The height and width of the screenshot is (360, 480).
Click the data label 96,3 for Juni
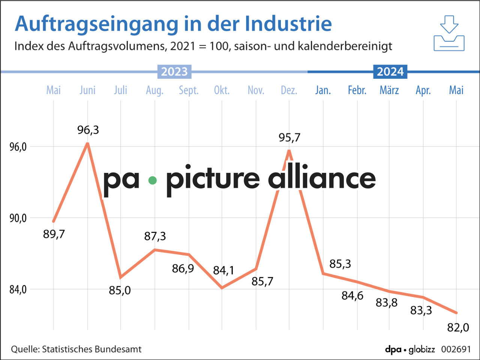pos(88,130)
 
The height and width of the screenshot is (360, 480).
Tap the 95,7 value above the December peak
pos(289,138)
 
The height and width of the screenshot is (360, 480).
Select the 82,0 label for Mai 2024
pos(458,327)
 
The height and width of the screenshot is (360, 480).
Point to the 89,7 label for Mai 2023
pos(54,234)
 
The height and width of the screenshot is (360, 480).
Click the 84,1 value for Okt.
pos(223,270)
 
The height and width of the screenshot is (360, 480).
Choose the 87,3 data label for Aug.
pos(155,236)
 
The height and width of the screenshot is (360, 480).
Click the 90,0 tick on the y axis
pos(18,218)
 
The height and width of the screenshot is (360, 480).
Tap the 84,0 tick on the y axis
pos(18,289)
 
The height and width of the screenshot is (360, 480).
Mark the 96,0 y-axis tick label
pos(18,147)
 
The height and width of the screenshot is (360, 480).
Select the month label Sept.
pos(189,90)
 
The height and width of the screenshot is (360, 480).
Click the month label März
pos(389,90)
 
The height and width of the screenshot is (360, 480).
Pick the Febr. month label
pos(357,90)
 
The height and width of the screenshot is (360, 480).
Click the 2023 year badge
pos(174,72)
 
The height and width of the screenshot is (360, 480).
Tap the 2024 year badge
pos(390,72)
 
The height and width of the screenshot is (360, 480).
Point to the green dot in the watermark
pos(152,180)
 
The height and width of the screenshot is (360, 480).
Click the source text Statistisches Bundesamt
pos(91,349)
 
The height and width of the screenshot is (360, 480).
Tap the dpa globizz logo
pos(410,349)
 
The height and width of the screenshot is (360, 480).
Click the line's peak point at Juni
pos(88,143)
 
